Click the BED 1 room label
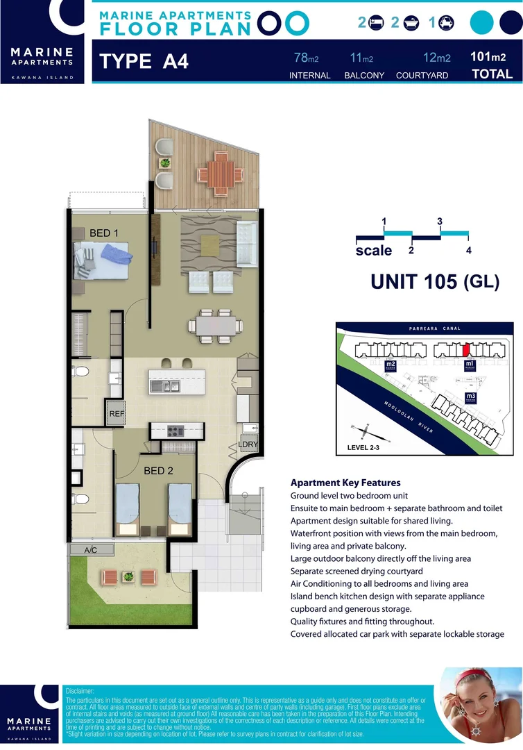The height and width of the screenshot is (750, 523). [105, 233]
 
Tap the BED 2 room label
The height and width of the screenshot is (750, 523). [159, 471]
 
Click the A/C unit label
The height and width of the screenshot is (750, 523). [91, 550]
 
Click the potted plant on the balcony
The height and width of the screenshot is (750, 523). [165, 163]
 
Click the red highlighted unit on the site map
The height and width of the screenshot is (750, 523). [467, 348]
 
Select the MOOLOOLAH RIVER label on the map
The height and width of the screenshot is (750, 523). [408, 416]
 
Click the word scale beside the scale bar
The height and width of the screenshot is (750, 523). [374, 251]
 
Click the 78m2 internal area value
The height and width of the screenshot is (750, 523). [302, 58]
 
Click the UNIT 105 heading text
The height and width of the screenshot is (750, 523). [414, 281]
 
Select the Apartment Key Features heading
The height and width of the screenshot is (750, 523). [345, 483]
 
